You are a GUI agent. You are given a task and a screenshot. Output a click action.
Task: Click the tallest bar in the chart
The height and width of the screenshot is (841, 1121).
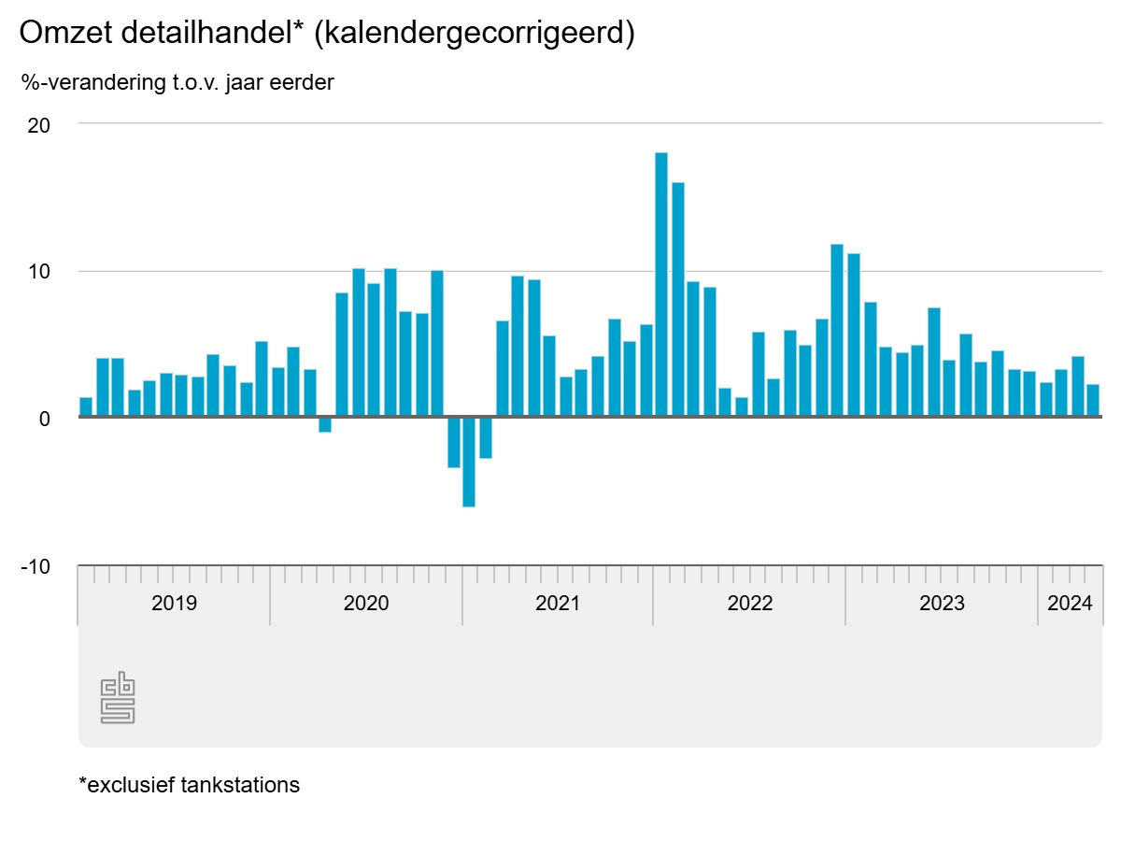661,284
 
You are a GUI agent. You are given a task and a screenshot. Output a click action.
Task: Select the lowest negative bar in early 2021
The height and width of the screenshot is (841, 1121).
469,462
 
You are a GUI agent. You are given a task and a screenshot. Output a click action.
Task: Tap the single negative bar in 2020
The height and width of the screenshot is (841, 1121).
325,425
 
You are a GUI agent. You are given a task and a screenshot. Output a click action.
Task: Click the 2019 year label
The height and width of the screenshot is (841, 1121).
174,603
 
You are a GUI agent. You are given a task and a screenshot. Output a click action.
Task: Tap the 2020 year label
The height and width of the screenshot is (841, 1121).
366,603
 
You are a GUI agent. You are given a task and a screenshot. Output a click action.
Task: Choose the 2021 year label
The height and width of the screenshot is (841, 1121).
558,603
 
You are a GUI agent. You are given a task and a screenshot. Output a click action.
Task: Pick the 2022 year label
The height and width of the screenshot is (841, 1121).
750,603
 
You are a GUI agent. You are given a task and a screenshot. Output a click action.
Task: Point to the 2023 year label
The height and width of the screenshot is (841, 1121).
942,603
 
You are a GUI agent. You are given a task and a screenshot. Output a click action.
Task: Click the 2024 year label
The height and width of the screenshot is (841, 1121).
1070,603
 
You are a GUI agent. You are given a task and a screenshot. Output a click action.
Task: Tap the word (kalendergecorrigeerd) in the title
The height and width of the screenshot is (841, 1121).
475,34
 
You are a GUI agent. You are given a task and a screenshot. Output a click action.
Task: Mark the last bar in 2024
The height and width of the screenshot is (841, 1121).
1093,401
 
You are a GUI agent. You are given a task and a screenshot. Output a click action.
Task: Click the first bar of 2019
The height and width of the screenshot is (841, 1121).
86,407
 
